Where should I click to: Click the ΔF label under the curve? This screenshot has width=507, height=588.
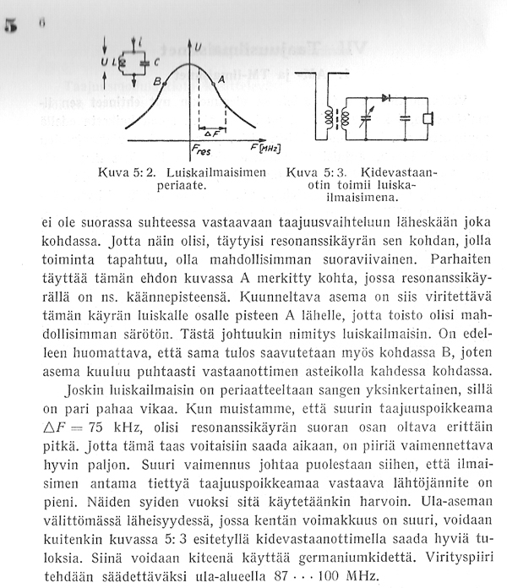point(211,134)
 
